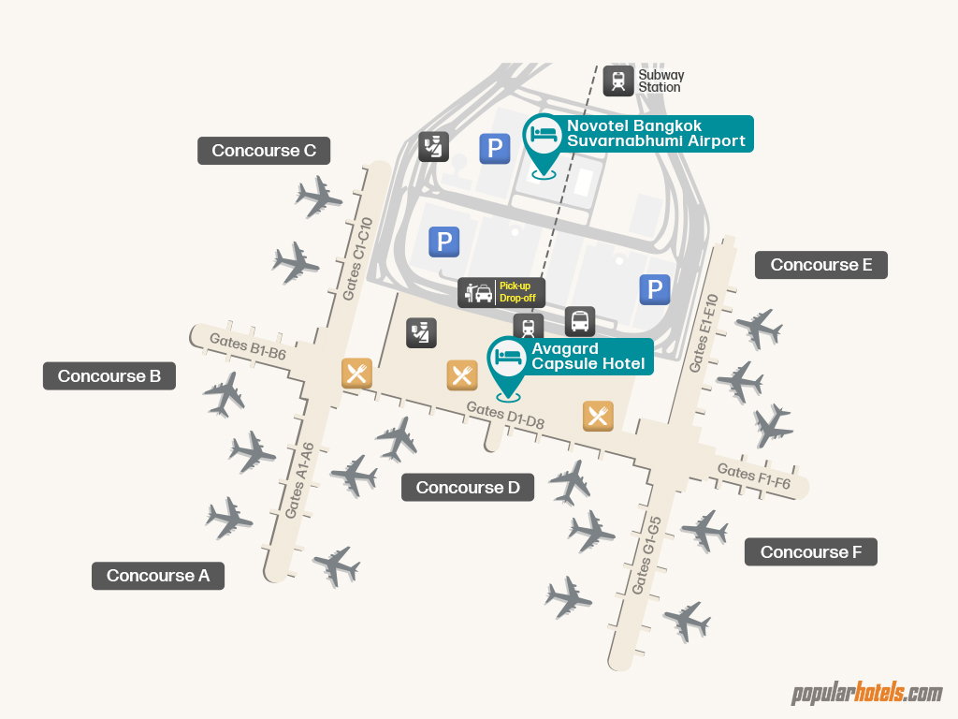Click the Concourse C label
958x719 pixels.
[264, 151]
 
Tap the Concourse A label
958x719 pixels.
[158, 576]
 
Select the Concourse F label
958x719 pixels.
[811, 552]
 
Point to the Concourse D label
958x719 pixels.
[468, 488]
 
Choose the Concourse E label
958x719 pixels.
[821, 265]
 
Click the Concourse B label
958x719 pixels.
[109, 376]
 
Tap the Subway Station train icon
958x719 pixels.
[618, 81]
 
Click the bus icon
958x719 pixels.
[580, 322]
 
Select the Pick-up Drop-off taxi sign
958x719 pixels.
[501, 292]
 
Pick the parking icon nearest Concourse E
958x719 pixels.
[655, 289]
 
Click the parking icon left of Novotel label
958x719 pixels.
[495, 149]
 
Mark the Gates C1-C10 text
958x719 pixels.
[358, 259]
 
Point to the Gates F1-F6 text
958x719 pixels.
[754, 477]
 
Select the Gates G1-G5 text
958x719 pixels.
[646, 554]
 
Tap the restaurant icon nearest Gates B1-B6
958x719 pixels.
[356, 374]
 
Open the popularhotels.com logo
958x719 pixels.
[866, 694]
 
